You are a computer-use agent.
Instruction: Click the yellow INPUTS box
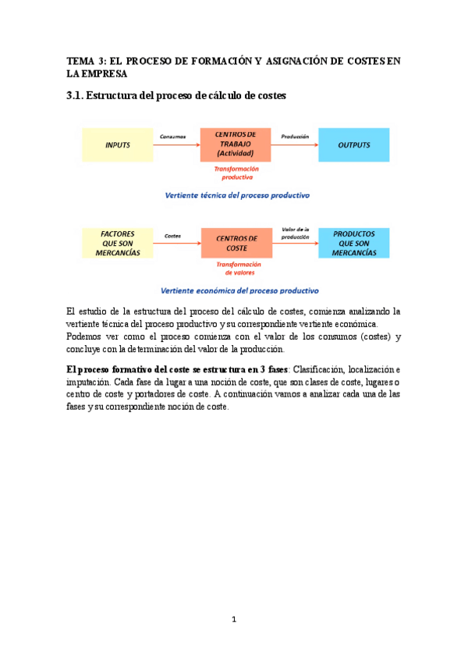(118, 145)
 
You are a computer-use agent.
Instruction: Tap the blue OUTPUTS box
(353, 145)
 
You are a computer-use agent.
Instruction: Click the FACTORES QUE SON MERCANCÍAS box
(118, 243)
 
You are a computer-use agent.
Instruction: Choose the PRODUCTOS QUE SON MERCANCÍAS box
(353, 243)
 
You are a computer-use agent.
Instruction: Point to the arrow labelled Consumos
(176, 146)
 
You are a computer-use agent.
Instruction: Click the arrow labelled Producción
(297, 146)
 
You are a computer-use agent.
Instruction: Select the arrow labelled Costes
(176, 244)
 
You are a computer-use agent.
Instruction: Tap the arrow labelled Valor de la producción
(297, 244)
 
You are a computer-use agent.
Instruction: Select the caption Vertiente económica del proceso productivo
(239, 290)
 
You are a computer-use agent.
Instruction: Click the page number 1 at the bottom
(234, 620)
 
